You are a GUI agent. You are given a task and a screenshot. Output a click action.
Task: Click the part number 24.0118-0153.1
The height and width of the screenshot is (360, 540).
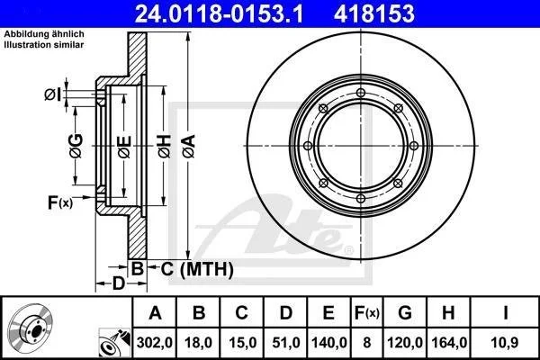(220, 13)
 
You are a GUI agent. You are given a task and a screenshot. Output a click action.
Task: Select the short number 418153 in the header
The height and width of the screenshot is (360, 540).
(374, 13)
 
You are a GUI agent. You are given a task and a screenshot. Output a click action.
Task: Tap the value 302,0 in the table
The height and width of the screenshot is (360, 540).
(154, 343)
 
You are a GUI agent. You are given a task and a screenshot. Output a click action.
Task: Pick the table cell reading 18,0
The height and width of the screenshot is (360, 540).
(198, 343)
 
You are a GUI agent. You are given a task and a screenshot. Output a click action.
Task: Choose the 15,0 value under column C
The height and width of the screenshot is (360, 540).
(242, 343)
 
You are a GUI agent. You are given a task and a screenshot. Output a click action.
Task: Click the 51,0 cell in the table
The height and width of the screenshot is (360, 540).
(286, 343)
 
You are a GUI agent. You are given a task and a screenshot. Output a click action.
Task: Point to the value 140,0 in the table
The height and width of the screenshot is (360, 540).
(328, 343)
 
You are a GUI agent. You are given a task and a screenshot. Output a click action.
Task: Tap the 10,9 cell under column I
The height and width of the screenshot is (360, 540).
(505, 343)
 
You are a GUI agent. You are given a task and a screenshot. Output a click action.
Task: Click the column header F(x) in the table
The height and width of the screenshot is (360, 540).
(367, 313)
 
